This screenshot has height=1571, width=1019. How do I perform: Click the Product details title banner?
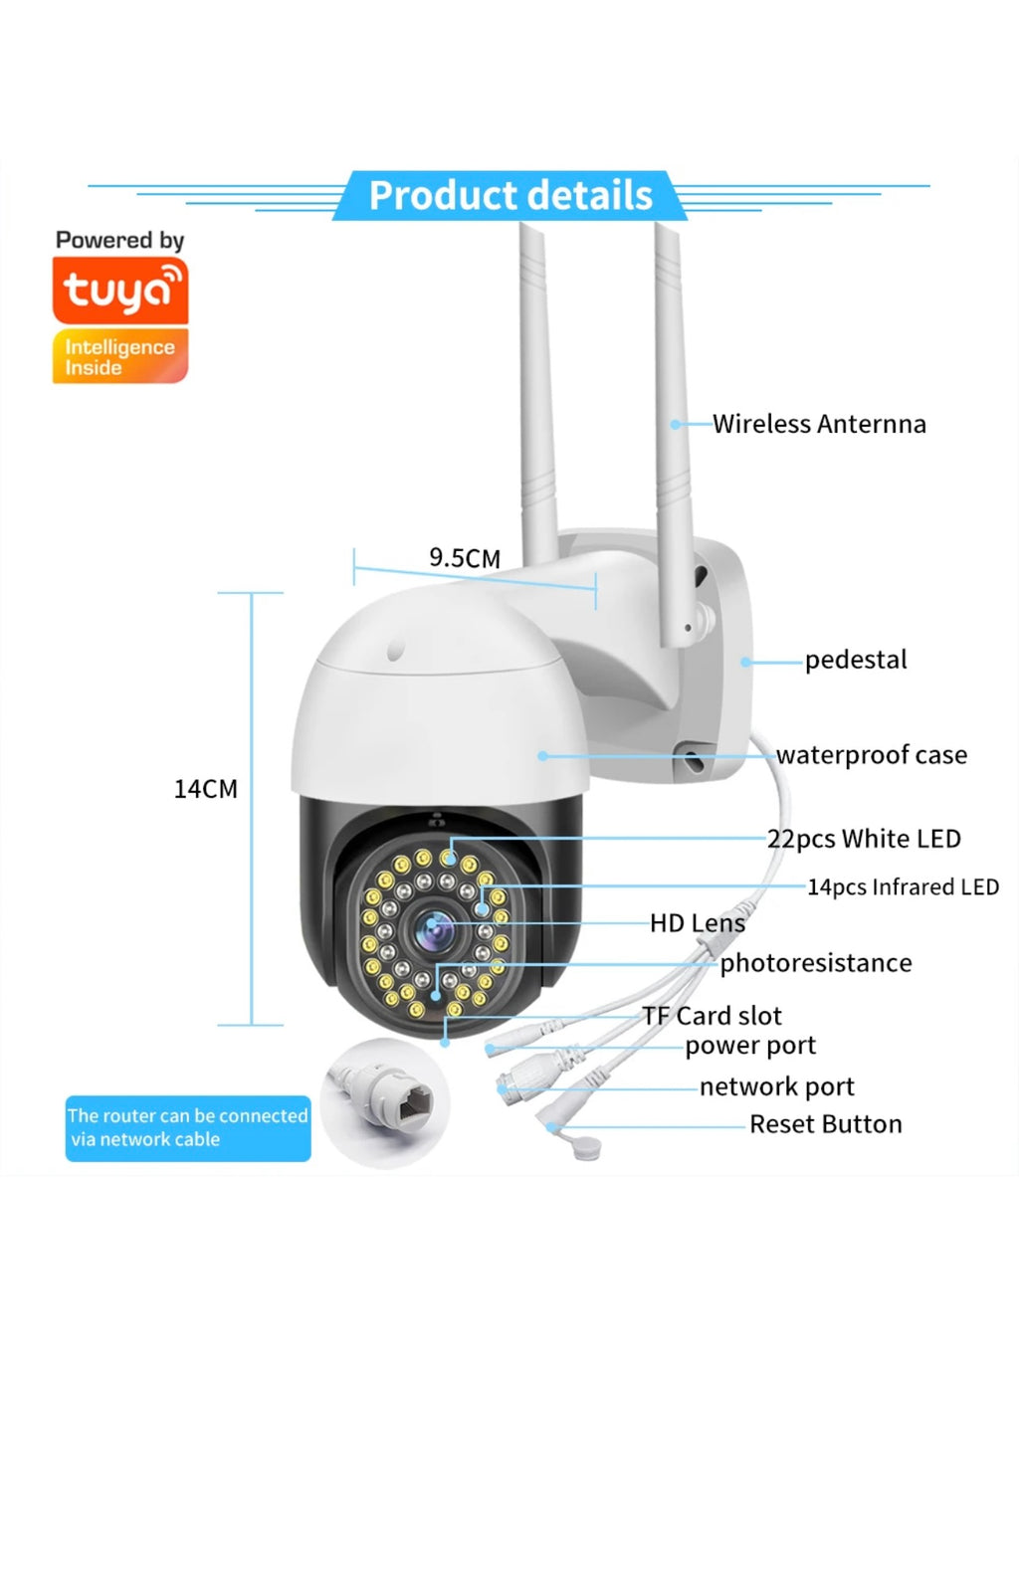point(509,196)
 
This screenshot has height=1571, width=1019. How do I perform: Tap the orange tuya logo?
point(120,291)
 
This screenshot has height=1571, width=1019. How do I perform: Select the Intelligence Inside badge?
point(120,356)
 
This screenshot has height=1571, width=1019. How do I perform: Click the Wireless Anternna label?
point(819,425)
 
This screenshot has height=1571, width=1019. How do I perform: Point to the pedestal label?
point(856,660)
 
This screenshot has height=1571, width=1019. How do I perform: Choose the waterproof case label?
point(872,755)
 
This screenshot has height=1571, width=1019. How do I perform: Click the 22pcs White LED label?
point(864,839)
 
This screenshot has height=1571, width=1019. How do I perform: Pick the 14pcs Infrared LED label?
point(903,886)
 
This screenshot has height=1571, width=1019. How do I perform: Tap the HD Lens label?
point(697,923)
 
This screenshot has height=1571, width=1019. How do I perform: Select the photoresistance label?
point(816,963)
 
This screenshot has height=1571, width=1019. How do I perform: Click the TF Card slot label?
point(713,1016)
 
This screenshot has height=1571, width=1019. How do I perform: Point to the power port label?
point(750,1046)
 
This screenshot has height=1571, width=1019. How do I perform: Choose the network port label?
point(777,1086)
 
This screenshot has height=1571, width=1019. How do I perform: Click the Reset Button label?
point(826,1124)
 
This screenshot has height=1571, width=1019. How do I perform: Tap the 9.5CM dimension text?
point(465,558)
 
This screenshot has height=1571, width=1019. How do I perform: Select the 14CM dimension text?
point(206,789)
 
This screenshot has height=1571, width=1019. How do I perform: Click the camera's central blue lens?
point(435,929)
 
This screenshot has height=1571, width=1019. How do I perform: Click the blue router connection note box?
point(188,1128)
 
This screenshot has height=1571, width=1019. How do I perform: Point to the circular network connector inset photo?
point(385,1101)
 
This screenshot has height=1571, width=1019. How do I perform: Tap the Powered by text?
point(120,241)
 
